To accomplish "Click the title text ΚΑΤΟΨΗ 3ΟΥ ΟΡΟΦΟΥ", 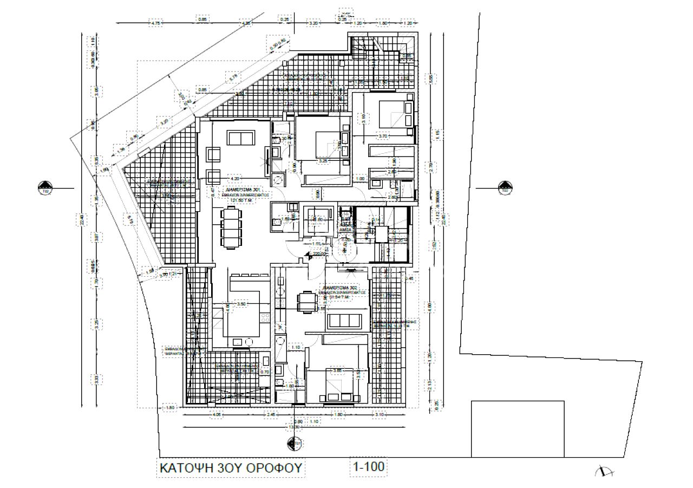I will (x=229, y=467).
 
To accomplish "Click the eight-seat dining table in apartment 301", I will (x=229, y=229).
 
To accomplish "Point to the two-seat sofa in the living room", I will (x=239, y=139).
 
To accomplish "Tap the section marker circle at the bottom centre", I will (x=295, y=445).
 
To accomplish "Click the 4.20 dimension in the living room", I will (x=234, y=178).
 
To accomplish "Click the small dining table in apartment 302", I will (x=306, y=301).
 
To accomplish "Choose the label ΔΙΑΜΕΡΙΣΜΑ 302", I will (x=339, y=287).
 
